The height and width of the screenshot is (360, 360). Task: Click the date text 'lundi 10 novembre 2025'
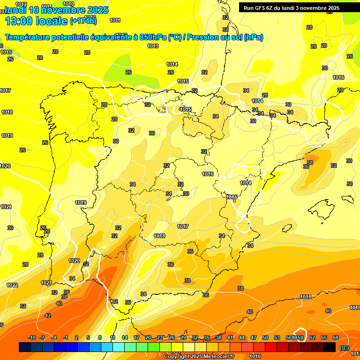pyautogui.click(x=56, y=10)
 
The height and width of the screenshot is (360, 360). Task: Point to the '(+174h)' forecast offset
pyautogui.click(x=83, y=21)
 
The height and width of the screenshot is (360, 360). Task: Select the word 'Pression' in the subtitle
pyautogui.click(x=202, y=37)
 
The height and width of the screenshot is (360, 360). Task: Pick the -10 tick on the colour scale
pyautogui.click(x=32, y=337)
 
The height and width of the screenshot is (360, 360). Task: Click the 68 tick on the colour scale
pyautogui.click(x=336, y=337)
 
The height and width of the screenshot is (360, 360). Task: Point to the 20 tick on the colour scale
pyautogui.click(x=148, y=337)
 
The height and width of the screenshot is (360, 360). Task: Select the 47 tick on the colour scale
pyautogui.click(x=254, y=337)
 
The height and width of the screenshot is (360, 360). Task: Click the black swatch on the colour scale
pyautogui.click(x=330, y=347)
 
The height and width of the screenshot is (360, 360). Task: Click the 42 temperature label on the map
pyautogui.click(x=48, y=316)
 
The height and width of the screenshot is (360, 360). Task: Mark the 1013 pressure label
pyautogui.click(x=153, y=46)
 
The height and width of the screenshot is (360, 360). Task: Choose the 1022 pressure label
pyautogui.click(x=12, y=285)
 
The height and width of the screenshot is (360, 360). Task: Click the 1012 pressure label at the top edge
pyautogui.click(x=22, y=4)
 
